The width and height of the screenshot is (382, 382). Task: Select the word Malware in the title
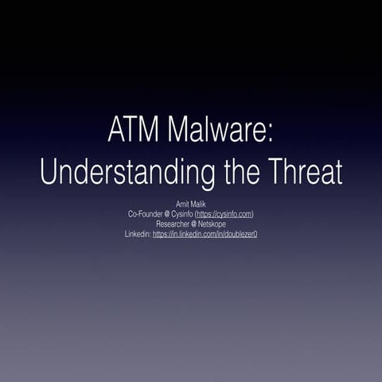215,129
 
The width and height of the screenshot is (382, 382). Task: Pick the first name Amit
183,205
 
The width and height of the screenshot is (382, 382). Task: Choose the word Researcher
173,224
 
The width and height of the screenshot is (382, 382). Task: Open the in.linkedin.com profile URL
205,234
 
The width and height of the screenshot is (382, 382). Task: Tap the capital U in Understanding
49,170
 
